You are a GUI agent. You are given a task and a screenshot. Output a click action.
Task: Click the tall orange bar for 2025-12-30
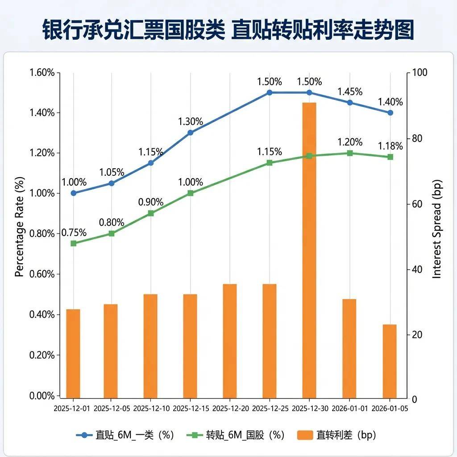[309, 250]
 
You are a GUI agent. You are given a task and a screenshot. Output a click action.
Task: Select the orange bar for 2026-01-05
[390, 361]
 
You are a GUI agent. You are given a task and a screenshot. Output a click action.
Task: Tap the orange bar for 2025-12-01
[73, 353]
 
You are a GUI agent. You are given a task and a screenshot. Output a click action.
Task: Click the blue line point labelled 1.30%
[191, 133]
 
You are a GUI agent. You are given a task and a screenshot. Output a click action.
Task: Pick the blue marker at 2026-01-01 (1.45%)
[350, 103]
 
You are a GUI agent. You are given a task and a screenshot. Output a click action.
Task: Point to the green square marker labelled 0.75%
[74, 243]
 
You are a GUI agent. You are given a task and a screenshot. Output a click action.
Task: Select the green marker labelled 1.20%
[350, 153]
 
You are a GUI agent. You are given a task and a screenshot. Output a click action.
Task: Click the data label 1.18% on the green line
[390, 146]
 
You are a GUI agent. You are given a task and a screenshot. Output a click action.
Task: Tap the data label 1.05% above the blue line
[112, 172]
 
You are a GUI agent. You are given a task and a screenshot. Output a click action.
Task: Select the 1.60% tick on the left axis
[42, 72]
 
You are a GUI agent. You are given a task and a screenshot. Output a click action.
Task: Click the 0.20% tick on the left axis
[42, 355]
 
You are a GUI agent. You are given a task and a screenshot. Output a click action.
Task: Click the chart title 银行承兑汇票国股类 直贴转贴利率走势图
[228, 30]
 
